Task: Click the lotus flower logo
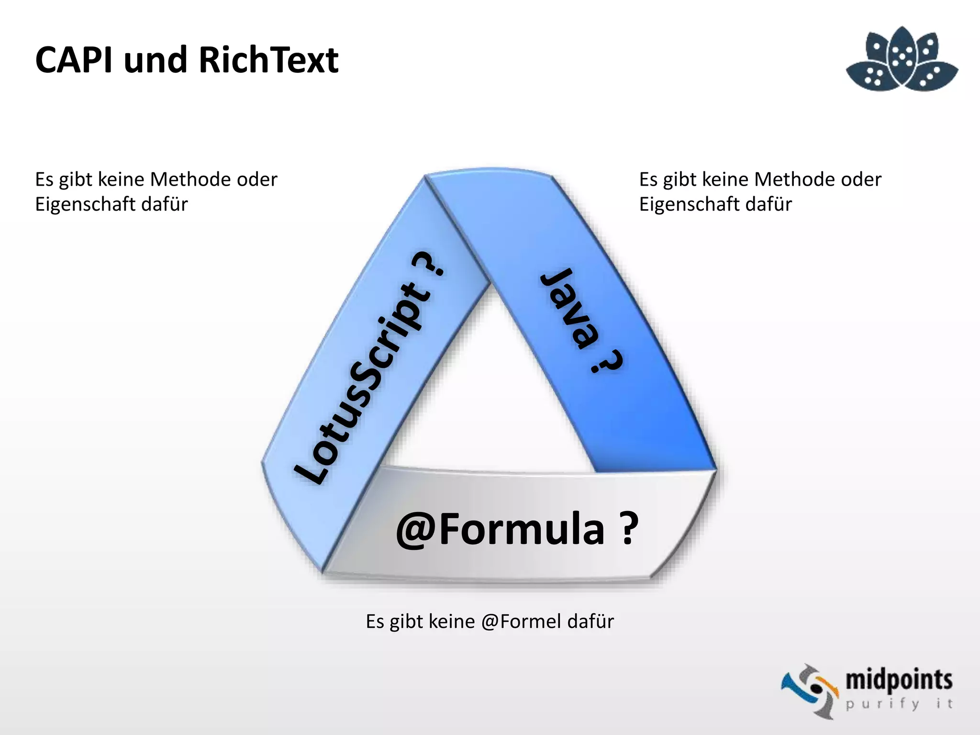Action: coord(902,60)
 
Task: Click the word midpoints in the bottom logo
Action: coord(899,680)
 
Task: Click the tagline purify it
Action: coord(898,704)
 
